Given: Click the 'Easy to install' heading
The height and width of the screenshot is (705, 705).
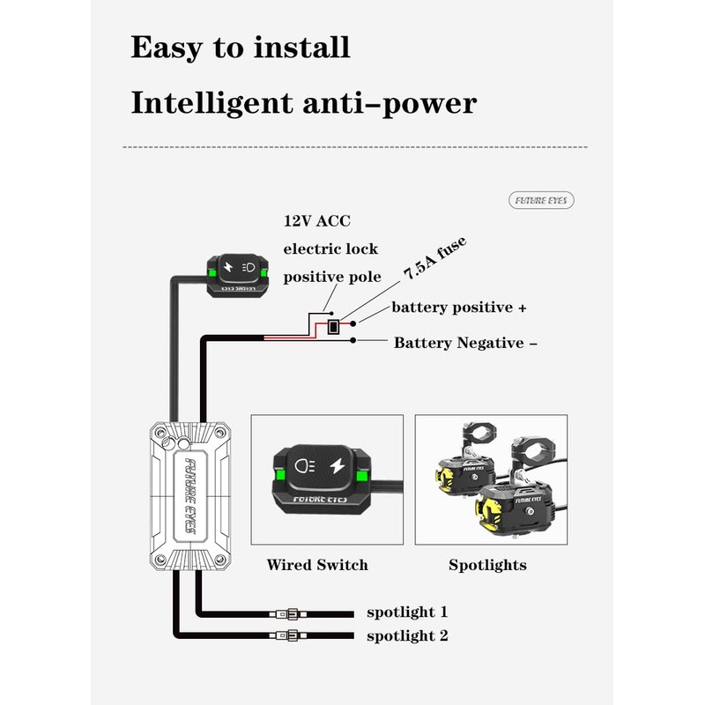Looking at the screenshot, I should coord(240,47).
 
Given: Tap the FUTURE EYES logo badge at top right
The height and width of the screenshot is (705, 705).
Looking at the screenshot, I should coord(542,201).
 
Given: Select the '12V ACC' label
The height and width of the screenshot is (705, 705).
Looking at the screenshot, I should coord(316,221).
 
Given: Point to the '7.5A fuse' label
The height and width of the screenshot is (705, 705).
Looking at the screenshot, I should coord(434,259).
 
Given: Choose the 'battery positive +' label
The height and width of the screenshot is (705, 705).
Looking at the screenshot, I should coord(459,308).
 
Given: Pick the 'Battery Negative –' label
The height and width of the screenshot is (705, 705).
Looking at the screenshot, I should coord(465,343).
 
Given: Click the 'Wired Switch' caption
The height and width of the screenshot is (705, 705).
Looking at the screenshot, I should coord(317,565).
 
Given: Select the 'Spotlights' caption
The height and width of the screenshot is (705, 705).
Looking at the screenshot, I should coord(487,565).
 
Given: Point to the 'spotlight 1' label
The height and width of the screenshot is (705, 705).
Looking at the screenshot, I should coord(407,612).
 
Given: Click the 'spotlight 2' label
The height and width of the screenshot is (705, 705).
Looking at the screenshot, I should coord(407,635).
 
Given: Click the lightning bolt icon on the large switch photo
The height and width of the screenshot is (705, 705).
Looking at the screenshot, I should coord(338,464).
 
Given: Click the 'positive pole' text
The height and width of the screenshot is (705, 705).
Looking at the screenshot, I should coord(332,277).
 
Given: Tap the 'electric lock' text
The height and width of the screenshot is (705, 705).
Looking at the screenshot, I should coord(330,249).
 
